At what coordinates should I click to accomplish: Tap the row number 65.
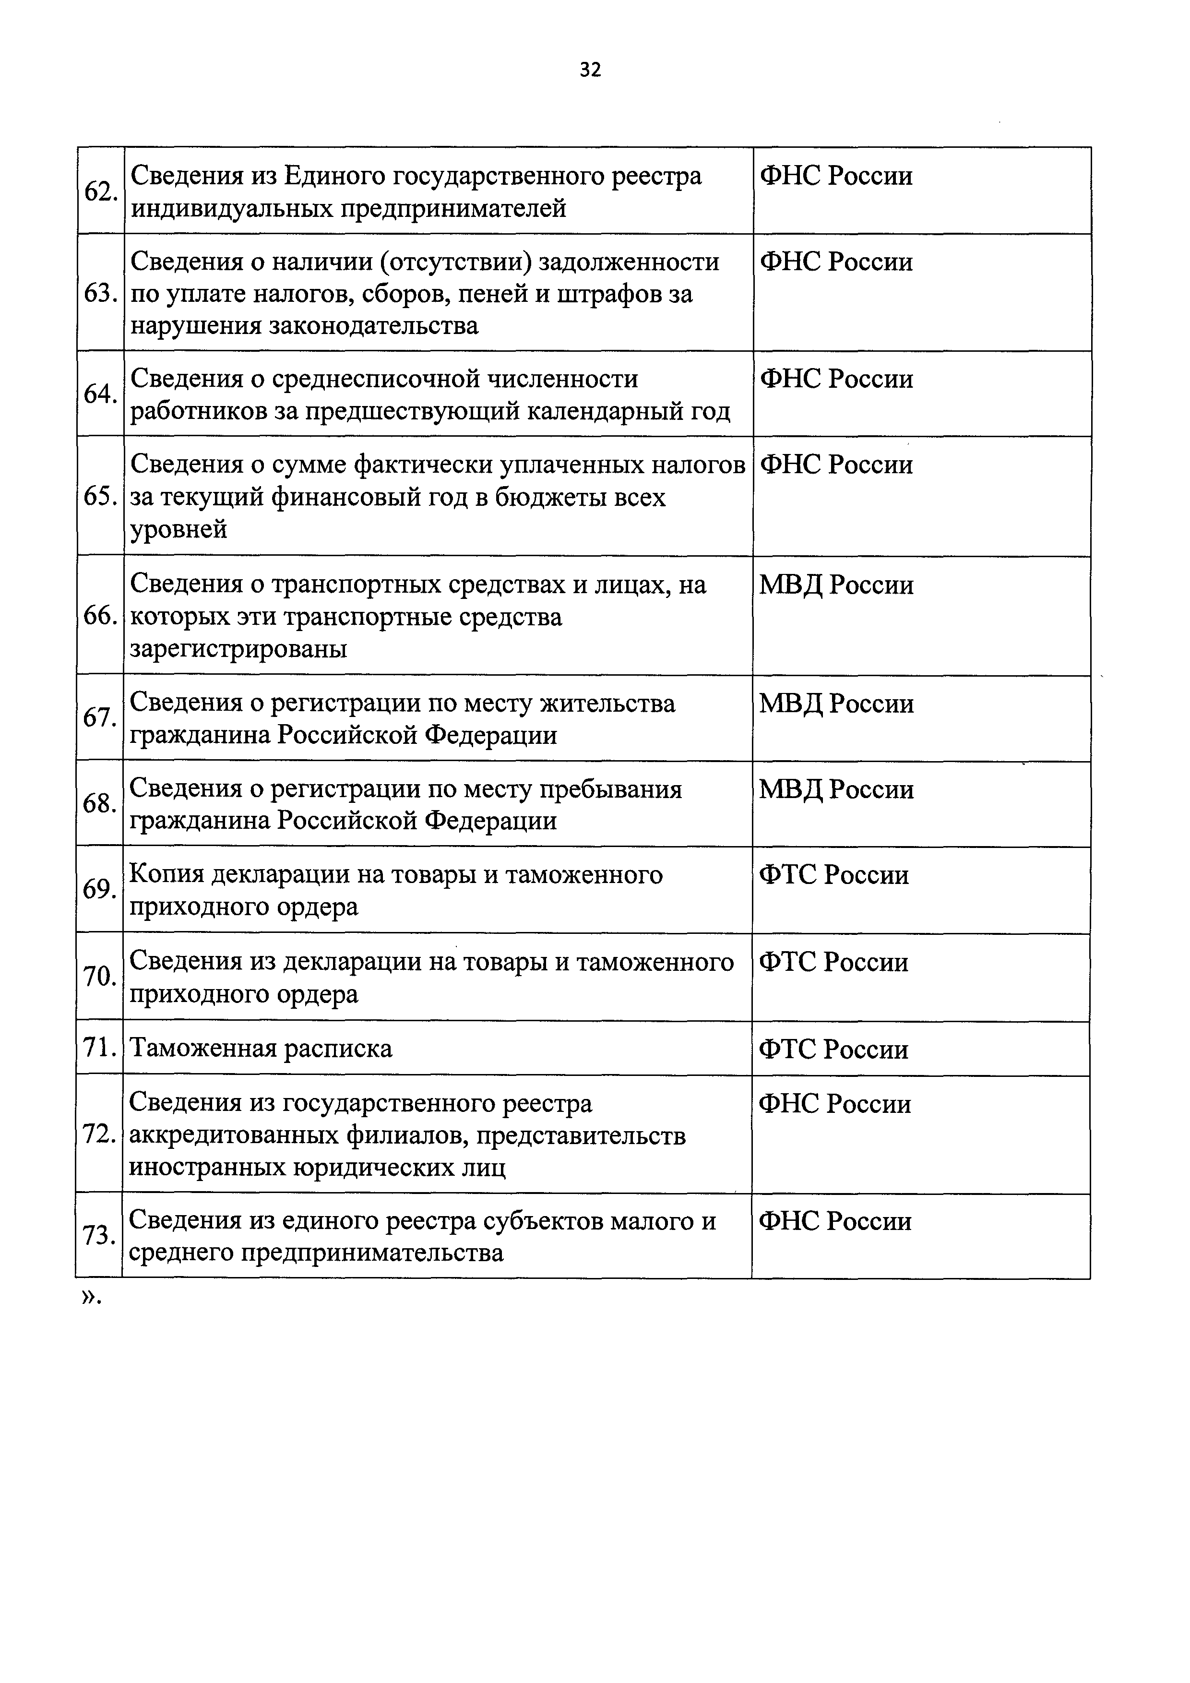(x=100, y=497)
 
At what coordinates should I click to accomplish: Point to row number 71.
(x=100, y=1048)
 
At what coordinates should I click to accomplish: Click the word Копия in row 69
(x=167, y=875)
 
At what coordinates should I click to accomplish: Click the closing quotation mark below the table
(x=89, y=1298)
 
